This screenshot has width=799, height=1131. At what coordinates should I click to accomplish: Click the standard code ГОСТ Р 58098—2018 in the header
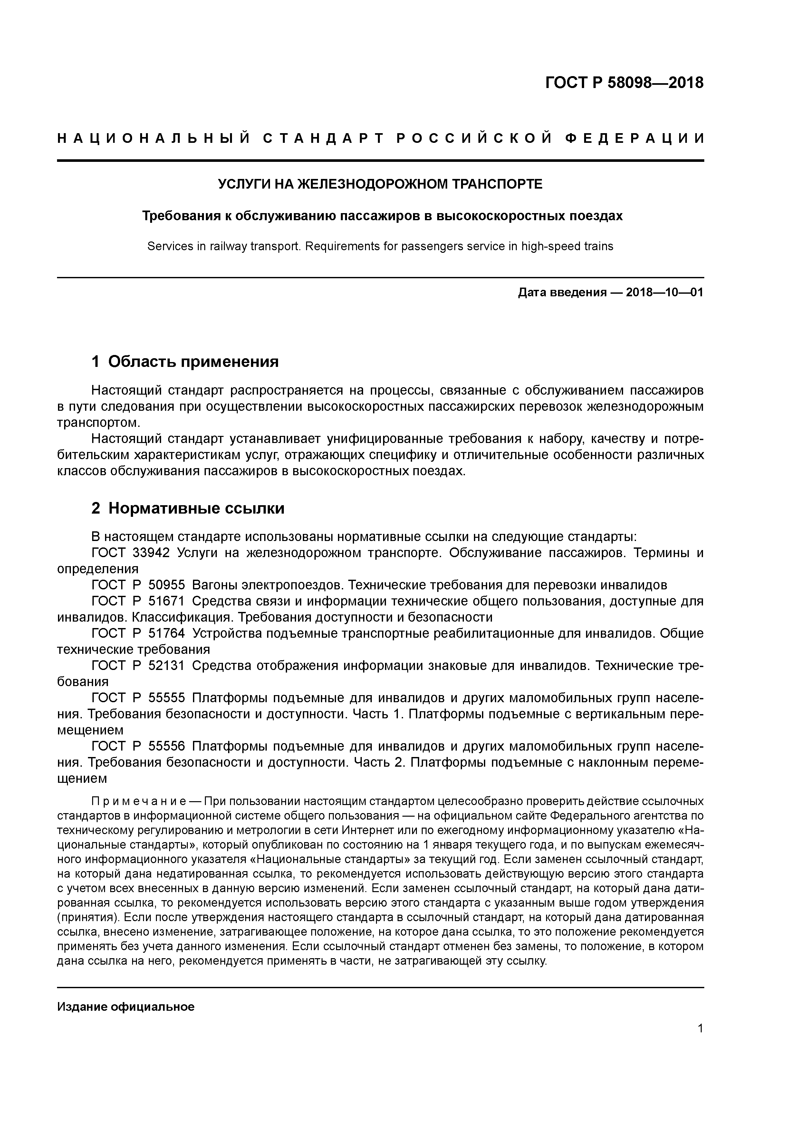coord(624,83)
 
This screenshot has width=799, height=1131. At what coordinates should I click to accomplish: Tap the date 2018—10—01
coord(665,293)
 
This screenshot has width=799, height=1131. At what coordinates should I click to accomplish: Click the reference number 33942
coord(151,553)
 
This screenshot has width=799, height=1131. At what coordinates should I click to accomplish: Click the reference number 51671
coord(166,602)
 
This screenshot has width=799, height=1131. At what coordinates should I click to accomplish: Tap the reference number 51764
coord(166,634)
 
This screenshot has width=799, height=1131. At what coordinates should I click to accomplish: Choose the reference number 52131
coord(166,666)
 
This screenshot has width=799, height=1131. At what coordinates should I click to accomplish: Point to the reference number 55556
coord(166,746)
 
